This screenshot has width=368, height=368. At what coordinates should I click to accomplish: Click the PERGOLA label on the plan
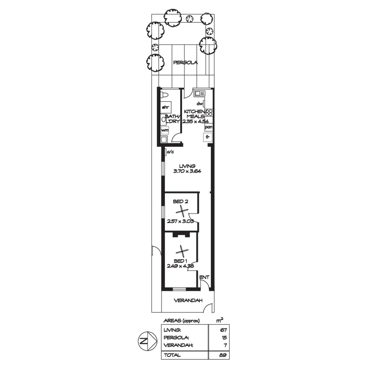[185, 63]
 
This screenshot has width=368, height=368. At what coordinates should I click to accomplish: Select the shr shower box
[165, 107]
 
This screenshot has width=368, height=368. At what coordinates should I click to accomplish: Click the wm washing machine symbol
[165, 130]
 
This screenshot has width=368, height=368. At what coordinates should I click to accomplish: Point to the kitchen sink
[199, 93]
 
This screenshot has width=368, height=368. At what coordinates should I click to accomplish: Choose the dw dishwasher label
[200, 104]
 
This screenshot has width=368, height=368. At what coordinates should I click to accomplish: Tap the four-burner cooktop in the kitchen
[209, 113]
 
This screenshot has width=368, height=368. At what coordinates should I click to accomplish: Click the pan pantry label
[209, 127]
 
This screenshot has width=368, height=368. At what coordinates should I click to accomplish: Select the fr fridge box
[208, 137]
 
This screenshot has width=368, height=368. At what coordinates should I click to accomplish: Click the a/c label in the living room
[170, 152]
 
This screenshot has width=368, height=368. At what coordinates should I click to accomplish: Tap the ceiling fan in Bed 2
[183, 211]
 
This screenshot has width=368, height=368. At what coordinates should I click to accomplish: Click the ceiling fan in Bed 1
[182, 252]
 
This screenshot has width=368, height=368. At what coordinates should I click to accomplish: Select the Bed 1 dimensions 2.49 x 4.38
[181, 266]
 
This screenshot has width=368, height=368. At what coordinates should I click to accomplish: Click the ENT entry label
[204, 277]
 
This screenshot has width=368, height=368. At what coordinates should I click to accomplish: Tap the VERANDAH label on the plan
[188, 301]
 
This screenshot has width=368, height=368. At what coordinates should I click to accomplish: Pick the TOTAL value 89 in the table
[223, 355]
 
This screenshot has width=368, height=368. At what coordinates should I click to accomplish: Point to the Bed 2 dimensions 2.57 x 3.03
[180, 221]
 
